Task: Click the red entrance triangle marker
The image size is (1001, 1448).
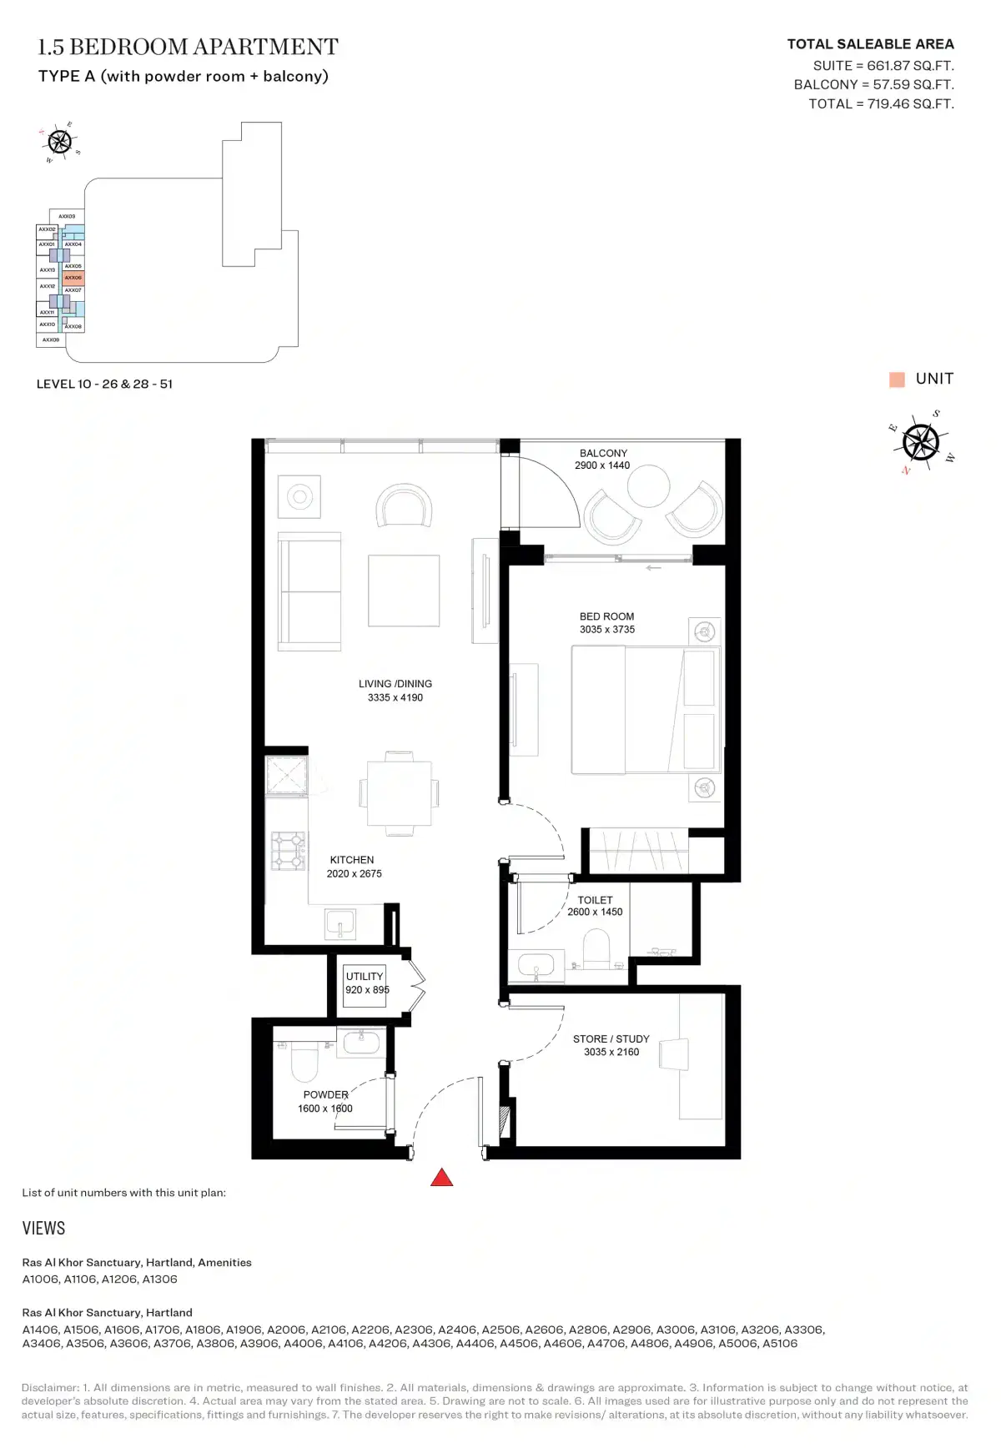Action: (441, 1178)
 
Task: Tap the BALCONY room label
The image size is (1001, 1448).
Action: (603, 453)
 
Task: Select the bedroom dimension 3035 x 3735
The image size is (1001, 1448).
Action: (607, 630)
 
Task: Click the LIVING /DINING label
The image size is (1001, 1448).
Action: (395, 684)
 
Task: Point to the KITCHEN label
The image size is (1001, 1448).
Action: (352, 860)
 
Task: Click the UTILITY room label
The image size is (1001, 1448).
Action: (365, 976)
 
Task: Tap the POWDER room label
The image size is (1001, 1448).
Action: (325, 1094)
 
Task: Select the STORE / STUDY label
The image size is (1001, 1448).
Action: (611, 1039)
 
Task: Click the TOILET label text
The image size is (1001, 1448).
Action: (595, 900)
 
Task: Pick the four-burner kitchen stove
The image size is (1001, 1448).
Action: (288, 851)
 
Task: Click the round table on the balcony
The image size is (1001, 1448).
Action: (648, 485)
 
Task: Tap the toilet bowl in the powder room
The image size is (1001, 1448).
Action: (304, 1063)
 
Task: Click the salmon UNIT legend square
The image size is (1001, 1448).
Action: (897, 380)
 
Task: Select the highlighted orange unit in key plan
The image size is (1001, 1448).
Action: (73, 278)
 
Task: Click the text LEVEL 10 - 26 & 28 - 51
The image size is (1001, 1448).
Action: (104, 385)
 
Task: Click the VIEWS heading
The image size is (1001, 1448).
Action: (43, 1228)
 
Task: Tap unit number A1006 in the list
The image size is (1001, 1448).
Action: (41, 1279)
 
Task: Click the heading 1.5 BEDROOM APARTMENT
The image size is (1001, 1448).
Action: (189, 47)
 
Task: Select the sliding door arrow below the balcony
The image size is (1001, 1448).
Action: (653, 568)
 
